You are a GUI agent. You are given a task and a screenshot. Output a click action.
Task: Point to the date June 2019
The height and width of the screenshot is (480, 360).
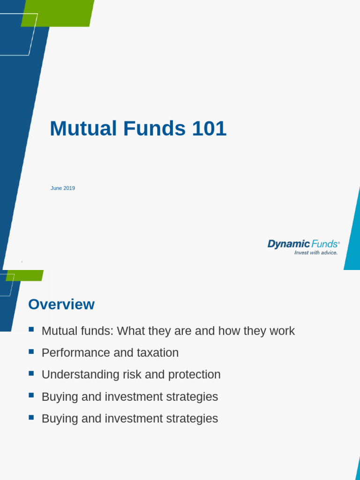tap(63, 188)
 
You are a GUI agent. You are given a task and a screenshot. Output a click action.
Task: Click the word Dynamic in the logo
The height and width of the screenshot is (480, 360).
tap(288, 244)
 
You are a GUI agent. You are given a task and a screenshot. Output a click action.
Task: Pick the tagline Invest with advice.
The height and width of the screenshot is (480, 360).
tap(315, 253)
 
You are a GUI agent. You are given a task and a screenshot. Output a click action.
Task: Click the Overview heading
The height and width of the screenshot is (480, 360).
tap(61, 305)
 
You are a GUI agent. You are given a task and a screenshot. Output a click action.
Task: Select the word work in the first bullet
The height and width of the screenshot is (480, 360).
tap(282, 331)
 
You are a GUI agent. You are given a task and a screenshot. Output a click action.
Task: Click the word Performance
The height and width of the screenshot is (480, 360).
tap(76, 353)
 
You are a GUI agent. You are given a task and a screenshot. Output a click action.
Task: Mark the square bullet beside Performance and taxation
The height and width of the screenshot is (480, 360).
tap(31, 352)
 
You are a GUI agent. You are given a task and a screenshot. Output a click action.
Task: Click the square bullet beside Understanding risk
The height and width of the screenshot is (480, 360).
tap(31, 374)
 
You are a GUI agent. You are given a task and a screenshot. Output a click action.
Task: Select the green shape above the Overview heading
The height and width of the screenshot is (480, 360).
tap(25, 275)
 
